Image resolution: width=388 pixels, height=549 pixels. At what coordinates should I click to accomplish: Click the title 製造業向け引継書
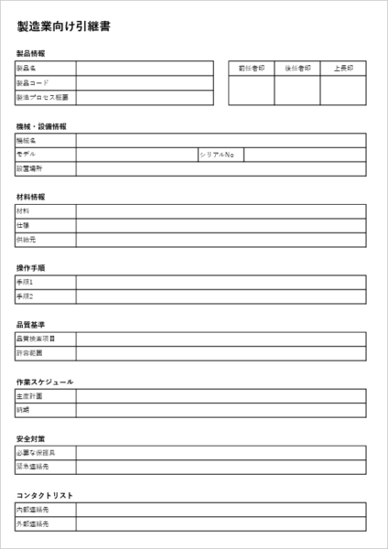(x=65, y=27)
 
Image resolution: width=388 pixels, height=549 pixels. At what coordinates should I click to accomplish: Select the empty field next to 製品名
(x=145, y=69)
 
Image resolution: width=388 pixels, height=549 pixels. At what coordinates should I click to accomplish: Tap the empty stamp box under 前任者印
(x=251, y=90)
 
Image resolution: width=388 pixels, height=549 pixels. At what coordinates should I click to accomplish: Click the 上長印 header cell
(x=343, y=69)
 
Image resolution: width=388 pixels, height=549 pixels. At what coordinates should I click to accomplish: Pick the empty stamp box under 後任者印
(x=297, y=90)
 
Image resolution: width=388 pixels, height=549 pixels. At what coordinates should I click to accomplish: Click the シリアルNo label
(x=218, y=155)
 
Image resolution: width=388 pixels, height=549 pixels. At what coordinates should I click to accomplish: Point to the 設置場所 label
(x=29, y=168)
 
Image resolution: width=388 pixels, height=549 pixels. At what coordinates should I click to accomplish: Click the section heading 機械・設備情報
(x=41, y=126)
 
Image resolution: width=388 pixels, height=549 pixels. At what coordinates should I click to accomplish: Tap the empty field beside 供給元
(x=221, y=240)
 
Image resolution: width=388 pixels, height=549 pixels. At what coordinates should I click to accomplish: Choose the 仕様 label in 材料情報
(x=23, y=225)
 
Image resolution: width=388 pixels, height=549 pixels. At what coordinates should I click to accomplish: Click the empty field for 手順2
(x=221, y=296)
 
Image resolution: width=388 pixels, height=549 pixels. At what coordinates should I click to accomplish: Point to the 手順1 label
(x=25, y=283)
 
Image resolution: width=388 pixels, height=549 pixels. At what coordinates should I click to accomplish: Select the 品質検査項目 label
(x=36, y=339)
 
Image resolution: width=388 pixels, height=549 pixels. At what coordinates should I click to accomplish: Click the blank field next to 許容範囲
(x=221, y=353)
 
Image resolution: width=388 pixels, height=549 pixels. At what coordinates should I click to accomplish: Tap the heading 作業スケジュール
(x=45, y=382)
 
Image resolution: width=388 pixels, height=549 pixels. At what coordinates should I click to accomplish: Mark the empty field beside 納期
(x=221, y=410)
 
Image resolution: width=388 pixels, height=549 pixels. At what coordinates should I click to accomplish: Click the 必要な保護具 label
(x=36, y=453)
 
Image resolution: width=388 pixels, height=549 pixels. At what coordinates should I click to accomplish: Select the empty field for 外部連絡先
(x=221, y=524)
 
